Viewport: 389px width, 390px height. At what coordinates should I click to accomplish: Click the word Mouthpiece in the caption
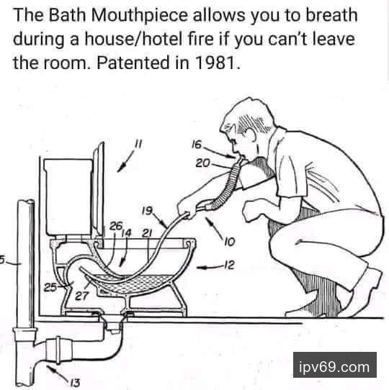tap(139, 16)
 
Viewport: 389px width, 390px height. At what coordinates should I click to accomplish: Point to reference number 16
tap(197, 145)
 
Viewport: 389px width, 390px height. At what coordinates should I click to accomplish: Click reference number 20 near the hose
tap(202, 163)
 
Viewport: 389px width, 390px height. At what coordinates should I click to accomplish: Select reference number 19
tap(147, 211)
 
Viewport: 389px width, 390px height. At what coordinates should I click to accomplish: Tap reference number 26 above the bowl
tap(116, 226)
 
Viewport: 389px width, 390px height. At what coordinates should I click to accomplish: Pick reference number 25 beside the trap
tap(50, 288)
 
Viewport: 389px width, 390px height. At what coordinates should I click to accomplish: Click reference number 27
tap(81, 296)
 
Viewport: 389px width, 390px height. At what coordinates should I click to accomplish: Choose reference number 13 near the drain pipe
tap(74, 382)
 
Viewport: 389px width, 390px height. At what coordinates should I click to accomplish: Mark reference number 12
tap(229, 265)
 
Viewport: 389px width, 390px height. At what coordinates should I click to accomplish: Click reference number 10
tap(229, 242)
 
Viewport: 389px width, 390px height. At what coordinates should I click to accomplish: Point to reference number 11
tap(138, 143)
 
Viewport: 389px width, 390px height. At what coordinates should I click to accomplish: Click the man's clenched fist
tap(251, 210)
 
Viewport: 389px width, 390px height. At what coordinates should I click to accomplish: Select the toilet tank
tap(68, 197)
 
